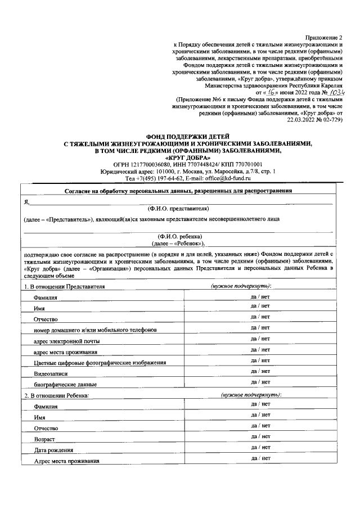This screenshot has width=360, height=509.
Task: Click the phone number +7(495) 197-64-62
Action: pos(152,178)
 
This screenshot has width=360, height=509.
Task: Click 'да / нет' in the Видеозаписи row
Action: pos(260,371)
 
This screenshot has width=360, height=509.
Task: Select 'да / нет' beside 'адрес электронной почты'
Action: pos(260,338)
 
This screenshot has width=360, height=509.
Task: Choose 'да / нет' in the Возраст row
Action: pos(260,436)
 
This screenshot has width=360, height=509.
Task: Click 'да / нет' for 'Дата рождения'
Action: pos(260,447)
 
